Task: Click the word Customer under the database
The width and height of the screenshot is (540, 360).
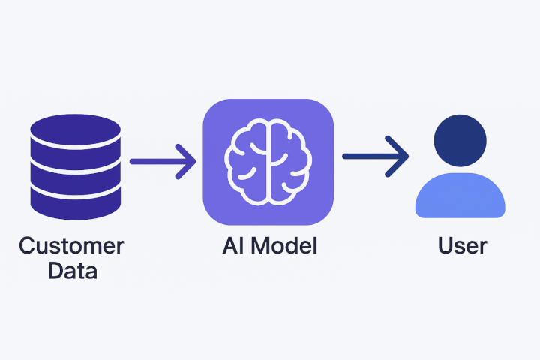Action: click(x=71, y=246)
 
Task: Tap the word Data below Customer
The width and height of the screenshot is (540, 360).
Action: click(x=72, y=270)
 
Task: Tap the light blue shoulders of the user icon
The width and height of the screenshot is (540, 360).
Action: click(x=460, y=197)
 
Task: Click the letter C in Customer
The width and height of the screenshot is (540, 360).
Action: click(x=28, y=246)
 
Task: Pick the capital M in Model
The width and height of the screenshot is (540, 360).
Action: click(x=259, y=246)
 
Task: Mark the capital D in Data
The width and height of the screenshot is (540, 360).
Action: click(x=55, y=270)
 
